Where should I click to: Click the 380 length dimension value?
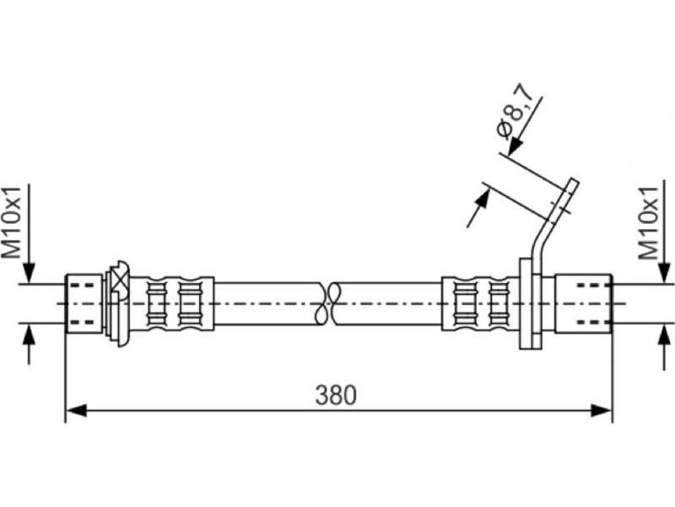pyautogui.click(x=336, y=395)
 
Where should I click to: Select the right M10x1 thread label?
pyautogui.click(x=648, y=223)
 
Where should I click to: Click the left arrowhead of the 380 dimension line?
pyautogui.click(x=77, y=410)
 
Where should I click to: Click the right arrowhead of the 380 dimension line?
pyautogui.click(x=601, y=410)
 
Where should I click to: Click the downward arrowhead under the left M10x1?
pyautogui.click(x=29, y=272)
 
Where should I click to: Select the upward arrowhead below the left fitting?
pyautogui.click(x=29, y=335)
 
